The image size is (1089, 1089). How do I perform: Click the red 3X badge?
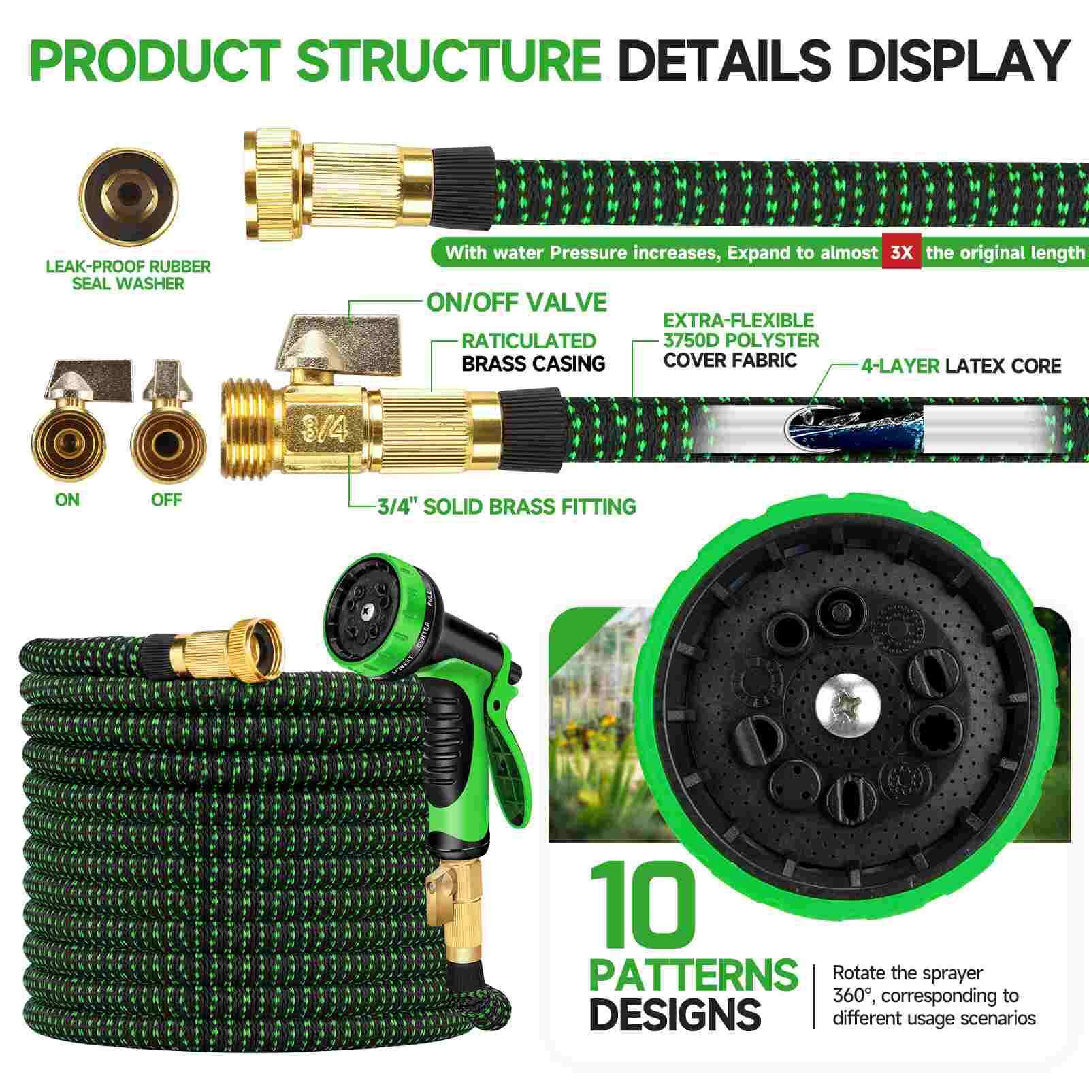(x=901, y=253)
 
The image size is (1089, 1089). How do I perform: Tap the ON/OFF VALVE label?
(x=517, y=302)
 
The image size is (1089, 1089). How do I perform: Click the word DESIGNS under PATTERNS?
(x=674, y=1014)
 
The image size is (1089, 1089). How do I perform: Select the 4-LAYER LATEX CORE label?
(x=960, y=366)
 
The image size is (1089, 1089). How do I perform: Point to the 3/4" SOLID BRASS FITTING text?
(x=506, y=506)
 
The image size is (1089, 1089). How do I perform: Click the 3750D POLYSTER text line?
(x=741, y=340)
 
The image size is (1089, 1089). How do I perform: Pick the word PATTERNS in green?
(x=693, y=975)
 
